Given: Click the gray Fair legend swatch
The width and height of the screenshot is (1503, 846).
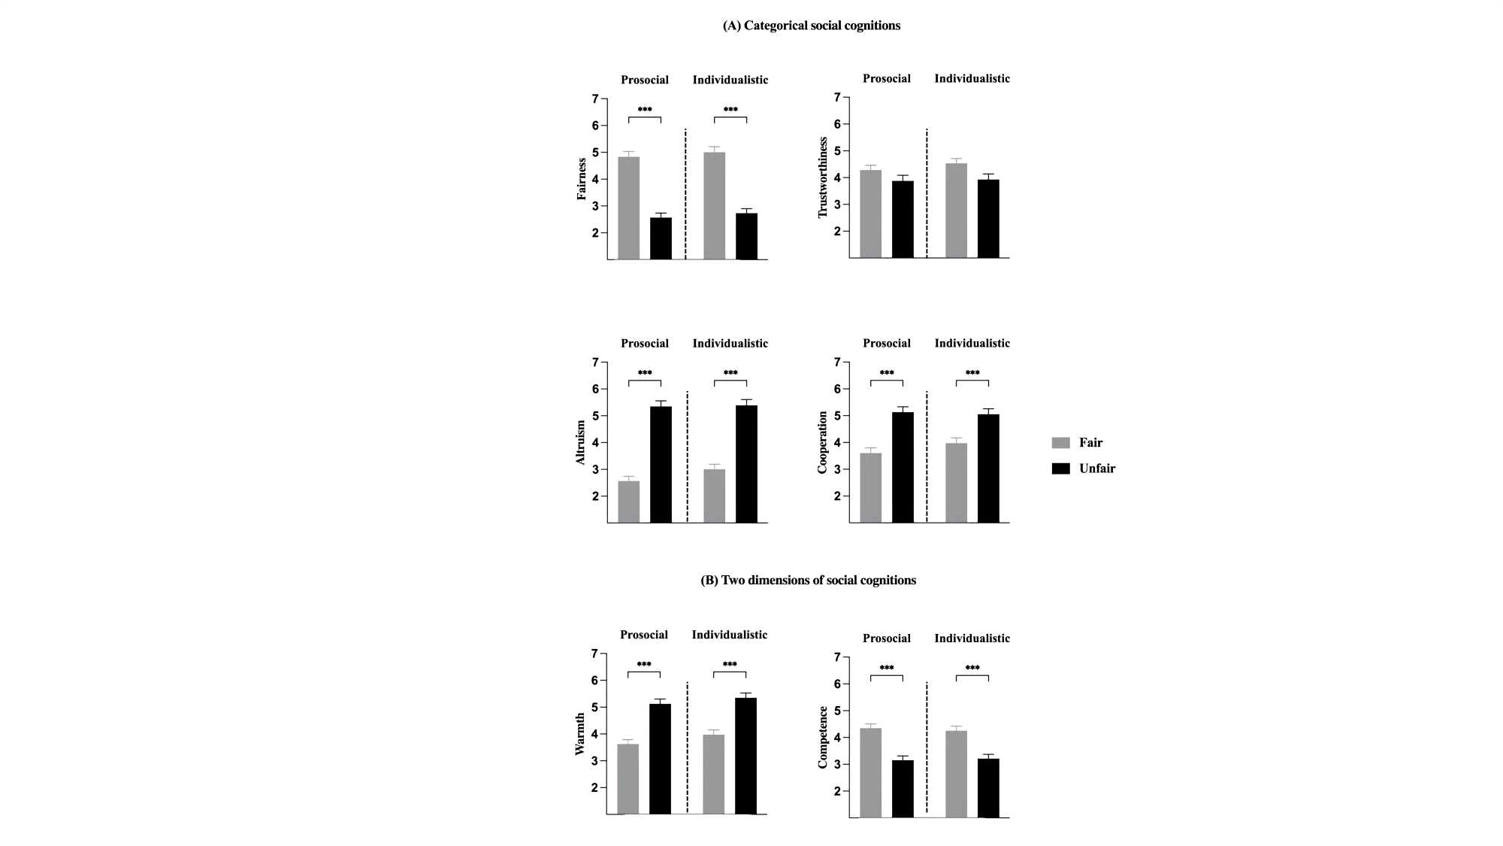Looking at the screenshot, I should pyautogui.click(x=1060, y=443).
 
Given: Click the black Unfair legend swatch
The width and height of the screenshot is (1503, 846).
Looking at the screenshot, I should pyautogui.click(x=1060, y=468).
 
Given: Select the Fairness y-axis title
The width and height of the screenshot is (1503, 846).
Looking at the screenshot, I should pyautogui.click(x=581, y=179).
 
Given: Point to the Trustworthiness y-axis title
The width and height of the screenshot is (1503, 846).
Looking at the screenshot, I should pyautogui.click(x=822, y=177).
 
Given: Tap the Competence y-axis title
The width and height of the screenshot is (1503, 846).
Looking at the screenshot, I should pyautogui.click(x=822, y=737).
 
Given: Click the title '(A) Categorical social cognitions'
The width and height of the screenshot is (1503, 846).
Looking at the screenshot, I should pyautogui.click(x=811, y=26).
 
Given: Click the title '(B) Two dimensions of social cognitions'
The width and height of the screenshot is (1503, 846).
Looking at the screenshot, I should pyautogui.click(x=808, y=580).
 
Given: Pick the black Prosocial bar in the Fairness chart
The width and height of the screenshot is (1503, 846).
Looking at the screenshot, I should pyautogui.click(x=661, y=238).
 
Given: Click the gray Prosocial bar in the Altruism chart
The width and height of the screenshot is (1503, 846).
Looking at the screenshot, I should pyautogui.click(x=629, y=502).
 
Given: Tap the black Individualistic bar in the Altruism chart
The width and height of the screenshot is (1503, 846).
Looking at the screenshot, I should pyautogui.click(x=746, y=464).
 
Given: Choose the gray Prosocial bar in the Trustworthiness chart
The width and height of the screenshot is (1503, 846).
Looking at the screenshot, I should pyautogui.click(x=870, y=214).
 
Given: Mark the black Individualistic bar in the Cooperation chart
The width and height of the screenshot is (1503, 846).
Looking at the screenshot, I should pyautogui.click(x=988, y=468).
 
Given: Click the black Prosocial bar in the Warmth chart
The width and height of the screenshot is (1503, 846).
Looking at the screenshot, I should pyautogui.click(x=660, y=759).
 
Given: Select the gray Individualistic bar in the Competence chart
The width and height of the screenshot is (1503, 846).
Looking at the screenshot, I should pyautogui.click(x=956, y=774).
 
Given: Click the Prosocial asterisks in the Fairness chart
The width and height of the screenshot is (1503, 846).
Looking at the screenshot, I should pyautogui.click(x=645, y=110).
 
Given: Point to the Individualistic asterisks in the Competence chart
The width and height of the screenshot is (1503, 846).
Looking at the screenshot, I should pyautogui.click(x=972, y=668).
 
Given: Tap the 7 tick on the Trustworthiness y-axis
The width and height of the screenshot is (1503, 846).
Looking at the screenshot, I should pyautogui.click(x=836, y=97).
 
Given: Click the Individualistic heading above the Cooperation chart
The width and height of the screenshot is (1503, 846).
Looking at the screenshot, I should pyautogui.click(x=972, y=343).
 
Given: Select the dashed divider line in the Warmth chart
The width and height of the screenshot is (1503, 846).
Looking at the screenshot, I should pyautogui.click(x=688, y=747).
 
